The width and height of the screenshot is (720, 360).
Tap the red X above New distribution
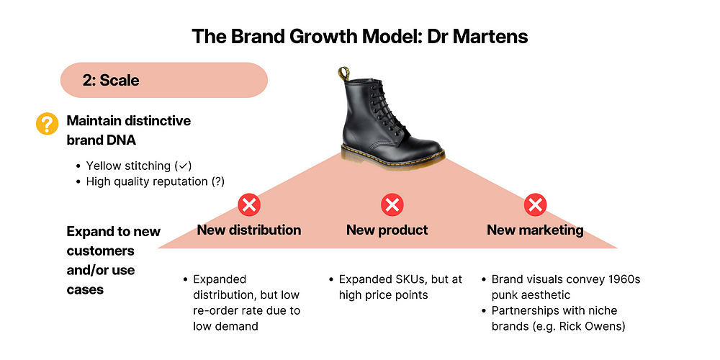pyautogui.click(x=249, y=205)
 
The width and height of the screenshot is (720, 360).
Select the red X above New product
pyautogui.click(x=391, y=205)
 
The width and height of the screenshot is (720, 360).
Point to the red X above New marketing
pyautogui.click(x=534, y=205)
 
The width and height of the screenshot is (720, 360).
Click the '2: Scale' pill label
pyautogui.click(x=111, y=80)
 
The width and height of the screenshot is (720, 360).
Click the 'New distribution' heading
pyautogui.click(x=249, y=230)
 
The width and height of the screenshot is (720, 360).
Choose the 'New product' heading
pyautogui.click(x=387, y=230)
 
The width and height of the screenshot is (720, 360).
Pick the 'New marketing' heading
pyautogui.click(x=535, y=230)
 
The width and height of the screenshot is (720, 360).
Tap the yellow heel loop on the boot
pyautogui.click(x=345, y=73)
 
